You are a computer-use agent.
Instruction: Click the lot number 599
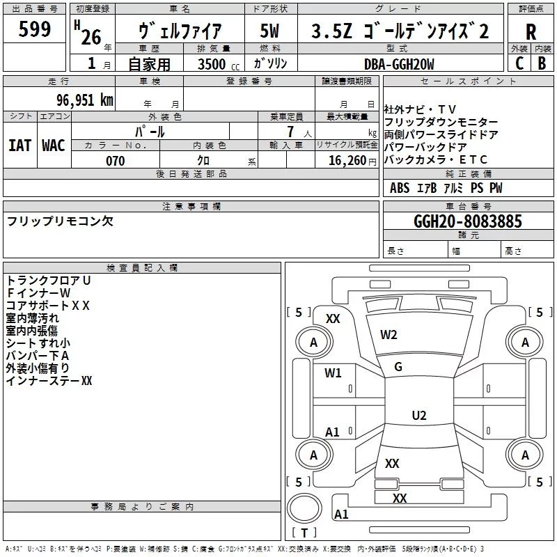[x=35, y=29]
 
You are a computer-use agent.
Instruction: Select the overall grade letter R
[x=531, y=32]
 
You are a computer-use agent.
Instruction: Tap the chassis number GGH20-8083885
[x=467, y=221]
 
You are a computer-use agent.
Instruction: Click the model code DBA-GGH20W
[x=399, y=64]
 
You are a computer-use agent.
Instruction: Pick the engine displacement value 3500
[x=212, y=64]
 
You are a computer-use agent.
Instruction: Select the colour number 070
[x=116, y=161]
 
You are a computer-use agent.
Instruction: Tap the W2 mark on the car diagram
[x=389, y=335]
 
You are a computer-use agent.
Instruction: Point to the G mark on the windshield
[x=398, y=367]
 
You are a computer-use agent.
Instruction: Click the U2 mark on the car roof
[x=418, y=416]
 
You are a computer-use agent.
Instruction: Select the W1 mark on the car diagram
[x=334, y=373]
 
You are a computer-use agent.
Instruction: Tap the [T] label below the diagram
[x=304, y=533]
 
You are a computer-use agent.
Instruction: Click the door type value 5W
[x=269, y=31]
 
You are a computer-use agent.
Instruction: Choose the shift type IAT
[x=19, y=146]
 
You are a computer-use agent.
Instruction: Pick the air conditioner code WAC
[x=54, y=146]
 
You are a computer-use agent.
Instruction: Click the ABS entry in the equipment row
[x=400, y=188]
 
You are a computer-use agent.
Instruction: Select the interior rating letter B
[x=542, y=63]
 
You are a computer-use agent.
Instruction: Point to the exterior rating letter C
[x=519, y=63]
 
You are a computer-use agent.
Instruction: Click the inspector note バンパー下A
[x=38, y=356]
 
